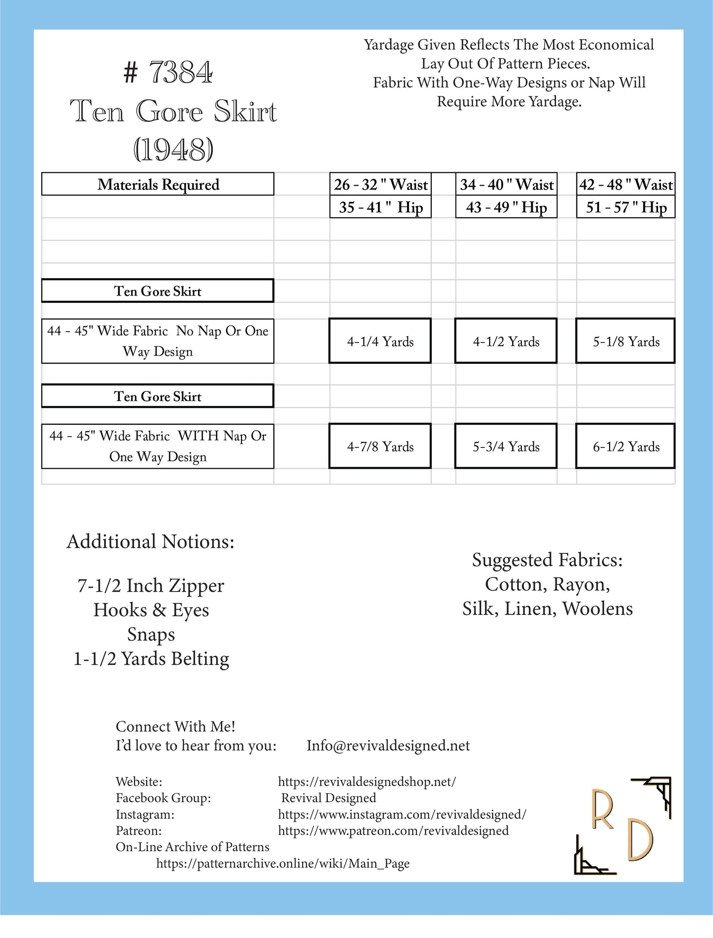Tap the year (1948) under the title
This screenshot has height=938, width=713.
[173, 149]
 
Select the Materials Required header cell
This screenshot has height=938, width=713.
[158, 184]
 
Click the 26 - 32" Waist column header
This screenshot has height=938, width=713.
[380, 185]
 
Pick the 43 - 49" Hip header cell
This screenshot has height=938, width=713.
[506, 207]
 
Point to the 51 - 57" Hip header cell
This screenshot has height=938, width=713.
[626, 207]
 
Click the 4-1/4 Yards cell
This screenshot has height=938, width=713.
[380, 342]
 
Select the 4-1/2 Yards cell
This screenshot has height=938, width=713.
[506, 342]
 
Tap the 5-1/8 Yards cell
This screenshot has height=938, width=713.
[626, 342]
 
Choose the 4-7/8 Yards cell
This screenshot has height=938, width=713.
[380, 446]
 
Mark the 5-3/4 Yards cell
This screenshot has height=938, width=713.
[506, 446]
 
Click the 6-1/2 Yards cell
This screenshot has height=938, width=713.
[626, 446]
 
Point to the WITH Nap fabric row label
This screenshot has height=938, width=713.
[158, 446]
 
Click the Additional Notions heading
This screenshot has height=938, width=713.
[151, 542]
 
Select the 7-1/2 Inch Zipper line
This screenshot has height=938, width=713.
[151, 586]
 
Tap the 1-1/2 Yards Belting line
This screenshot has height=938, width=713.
[151, 659]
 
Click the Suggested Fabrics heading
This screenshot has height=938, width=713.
[547, 560]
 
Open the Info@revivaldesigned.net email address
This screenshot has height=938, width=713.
[388, 745]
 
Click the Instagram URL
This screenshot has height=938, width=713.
[402, 814]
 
